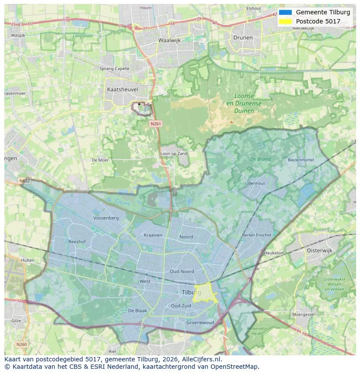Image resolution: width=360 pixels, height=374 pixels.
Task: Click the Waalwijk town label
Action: pyautogui.click(x=169, y=40)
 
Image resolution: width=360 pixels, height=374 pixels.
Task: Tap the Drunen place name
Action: pyautogui.click(x=243, y=37)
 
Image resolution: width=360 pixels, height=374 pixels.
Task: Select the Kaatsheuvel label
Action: pyautogui.click(x=122, y=89)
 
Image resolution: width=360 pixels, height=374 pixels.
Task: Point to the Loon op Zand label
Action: pyautogui.click(x=174, y=154)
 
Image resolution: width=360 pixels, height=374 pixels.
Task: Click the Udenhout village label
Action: pyautogui.click(x=255, y=183)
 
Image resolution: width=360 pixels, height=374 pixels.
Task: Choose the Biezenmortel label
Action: pyautogui.click(x=300, y=160)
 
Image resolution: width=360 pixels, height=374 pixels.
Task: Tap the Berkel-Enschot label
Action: pyautogui.click(x=257, y=235)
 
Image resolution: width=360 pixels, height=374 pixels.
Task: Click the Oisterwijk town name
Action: pyautogui.click(x=319, y=251)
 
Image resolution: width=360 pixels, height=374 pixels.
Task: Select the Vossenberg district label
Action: pyautogui.click(x=106, y=218)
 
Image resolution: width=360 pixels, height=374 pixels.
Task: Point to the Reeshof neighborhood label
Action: pyautogui.click(x=77, y=242)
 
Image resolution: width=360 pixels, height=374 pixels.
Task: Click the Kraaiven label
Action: pyautogui.click(x=153, y=235)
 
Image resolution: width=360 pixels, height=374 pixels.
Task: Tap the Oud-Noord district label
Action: pyautogui.click(x=182, y=271)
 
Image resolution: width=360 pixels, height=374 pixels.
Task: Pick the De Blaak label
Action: pyautogui.click(x=137, y=311)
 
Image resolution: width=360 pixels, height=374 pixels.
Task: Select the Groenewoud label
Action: pyautogui.click(x=200, y=323)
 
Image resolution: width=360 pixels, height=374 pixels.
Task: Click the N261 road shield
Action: pyautogui.click(x=156, y=124)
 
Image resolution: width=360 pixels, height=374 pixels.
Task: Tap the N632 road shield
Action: pyautogui.click(x=25, y=180)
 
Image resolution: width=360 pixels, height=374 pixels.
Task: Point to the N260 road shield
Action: pyautogui.click(x=21, y=344)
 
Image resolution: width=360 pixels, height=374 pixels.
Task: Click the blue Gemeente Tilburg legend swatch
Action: pyautogui.click(x=285, y=12)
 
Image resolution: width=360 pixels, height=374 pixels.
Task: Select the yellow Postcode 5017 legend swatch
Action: pyautogui.click(x=285, y=21)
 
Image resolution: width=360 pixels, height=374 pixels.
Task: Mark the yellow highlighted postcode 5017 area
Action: pyautogui.click(x=205, y=293)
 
